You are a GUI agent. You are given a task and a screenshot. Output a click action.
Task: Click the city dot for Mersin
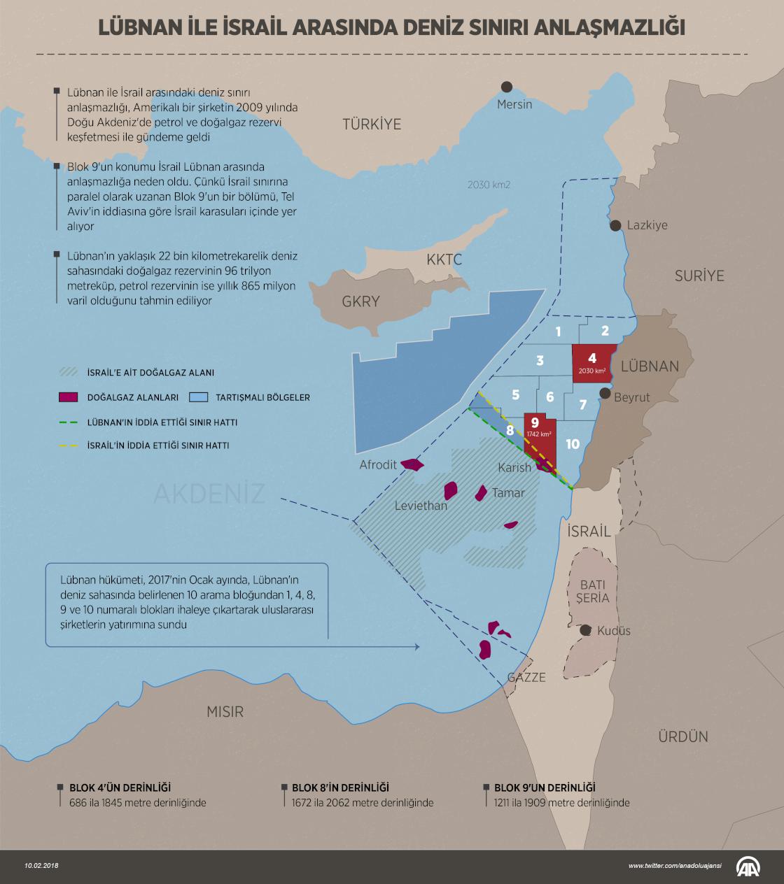coord(506,87)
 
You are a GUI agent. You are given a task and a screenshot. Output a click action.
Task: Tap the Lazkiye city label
coord(647,225)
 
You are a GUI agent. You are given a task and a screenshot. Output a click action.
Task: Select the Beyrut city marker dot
coord(605,394)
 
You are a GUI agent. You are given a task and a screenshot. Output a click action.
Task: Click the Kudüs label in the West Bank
coord(613,630)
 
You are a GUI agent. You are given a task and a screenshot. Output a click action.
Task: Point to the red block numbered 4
coord(592,362)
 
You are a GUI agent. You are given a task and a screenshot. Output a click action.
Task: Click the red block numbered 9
coord(540,437)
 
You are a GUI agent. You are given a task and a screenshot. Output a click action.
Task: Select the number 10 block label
coord(573,443)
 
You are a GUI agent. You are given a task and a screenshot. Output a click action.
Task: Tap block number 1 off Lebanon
coord(558,332)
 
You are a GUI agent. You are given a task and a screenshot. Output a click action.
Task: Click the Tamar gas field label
coord(507,492)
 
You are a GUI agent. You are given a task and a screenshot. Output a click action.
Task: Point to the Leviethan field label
coord(421,505)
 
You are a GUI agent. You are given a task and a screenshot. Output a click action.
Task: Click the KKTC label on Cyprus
coord(444,260)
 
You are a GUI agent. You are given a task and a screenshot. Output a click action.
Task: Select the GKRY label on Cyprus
coord(360,302)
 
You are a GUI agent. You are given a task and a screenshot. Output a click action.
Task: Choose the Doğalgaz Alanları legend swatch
coord(69,397)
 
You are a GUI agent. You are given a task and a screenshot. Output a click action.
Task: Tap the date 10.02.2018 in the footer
coord(41,866)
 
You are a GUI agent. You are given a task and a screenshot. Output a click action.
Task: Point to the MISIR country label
coord(225,712)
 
